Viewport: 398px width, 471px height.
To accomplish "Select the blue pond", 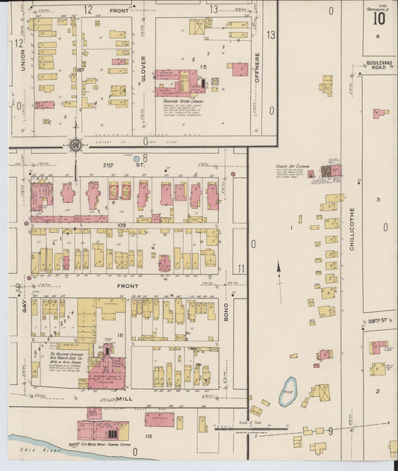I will coord(287,391).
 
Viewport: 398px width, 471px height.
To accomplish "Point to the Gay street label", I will coord(23,305).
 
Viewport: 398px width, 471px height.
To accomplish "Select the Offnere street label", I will coord(257,69).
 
